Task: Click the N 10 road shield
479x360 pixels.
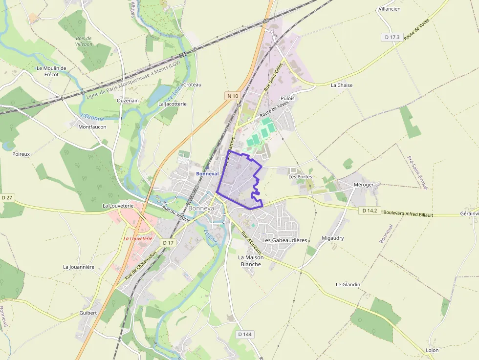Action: [x=233, y=96]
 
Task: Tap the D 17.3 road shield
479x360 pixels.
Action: [x=392, y=37]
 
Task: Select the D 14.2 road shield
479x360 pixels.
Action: [x=369, y=211]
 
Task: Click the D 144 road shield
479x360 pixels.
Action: [x=245, y=334]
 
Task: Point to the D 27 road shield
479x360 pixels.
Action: [x=7, y=197]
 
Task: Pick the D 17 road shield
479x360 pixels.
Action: [x=168, y=242]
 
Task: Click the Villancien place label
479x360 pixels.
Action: [x=390, y=9]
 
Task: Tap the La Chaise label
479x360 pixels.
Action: [x=342, y=85]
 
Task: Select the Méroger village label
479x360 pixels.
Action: [x=363, y=185]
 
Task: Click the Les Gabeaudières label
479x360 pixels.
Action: [x=284, y=240]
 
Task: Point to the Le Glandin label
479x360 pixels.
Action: [x=348, y=284]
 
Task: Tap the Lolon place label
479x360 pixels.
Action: [x=432, y=350]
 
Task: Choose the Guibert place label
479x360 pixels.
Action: [x=88, y=313]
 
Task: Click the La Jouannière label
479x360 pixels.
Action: [x=79, y=267]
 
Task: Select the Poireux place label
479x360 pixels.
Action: [x=21, y=154]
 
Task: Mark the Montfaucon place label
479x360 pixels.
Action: [x=92, y=127]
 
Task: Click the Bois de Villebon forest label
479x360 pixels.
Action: [x=84, y=41]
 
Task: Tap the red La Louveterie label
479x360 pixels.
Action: [x=138, y=238]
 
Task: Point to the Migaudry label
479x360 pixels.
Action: [x=333, y=238]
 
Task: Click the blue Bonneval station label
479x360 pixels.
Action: [x=207, y=173]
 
